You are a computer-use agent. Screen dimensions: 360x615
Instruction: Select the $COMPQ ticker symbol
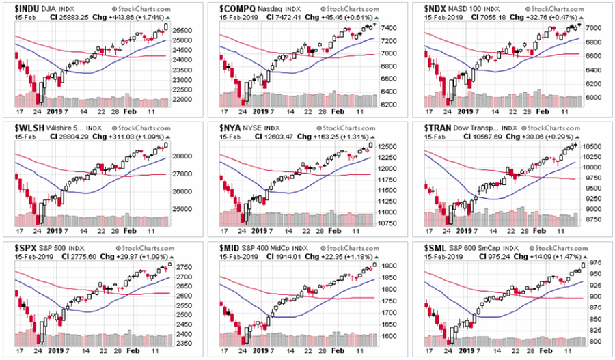[x=237, y=8]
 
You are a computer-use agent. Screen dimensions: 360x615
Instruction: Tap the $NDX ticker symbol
[x=439, y=8]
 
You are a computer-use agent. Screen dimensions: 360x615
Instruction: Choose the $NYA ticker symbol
[x=234, y=127]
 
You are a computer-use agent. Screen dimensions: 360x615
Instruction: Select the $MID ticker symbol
[x=233, y=247]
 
